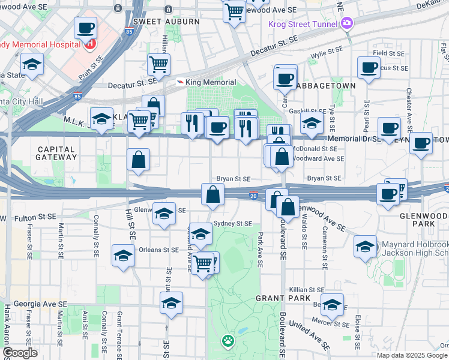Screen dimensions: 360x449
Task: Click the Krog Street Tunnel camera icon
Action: pos(346,23)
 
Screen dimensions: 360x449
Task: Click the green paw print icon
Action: pos(227,342)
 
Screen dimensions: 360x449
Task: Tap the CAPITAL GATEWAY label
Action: pos(58,152)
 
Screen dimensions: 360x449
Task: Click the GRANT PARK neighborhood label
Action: pos(283,298)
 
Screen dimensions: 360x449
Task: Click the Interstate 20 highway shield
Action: pos(253,196)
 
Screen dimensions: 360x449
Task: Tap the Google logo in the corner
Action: pos(20,353)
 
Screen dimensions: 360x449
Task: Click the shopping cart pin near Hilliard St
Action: pos(158,65)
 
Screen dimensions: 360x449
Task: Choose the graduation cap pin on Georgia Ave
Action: pos(172,304)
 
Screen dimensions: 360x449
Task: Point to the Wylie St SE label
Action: pos(327,55)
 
